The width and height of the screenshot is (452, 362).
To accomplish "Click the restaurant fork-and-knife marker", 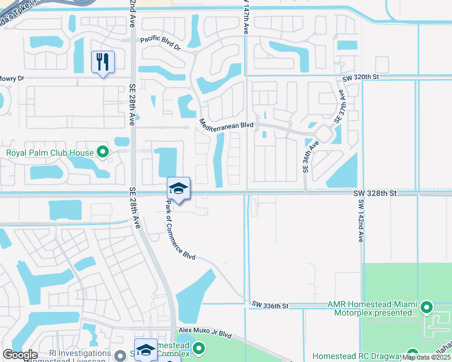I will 103,62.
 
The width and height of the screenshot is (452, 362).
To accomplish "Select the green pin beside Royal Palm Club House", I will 103,152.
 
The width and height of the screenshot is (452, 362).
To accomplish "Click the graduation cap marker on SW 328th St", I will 178,189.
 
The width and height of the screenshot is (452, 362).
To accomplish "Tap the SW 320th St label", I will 360,78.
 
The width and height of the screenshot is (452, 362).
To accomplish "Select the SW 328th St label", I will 375,193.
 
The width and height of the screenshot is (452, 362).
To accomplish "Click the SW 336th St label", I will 271,306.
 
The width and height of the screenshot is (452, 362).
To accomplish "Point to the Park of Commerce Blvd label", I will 180,231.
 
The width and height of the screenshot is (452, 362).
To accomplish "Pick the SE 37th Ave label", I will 340,108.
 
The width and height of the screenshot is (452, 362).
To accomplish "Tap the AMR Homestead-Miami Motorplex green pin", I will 427,307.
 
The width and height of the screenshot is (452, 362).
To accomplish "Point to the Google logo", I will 21,355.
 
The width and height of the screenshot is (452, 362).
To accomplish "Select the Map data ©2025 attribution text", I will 426,357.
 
